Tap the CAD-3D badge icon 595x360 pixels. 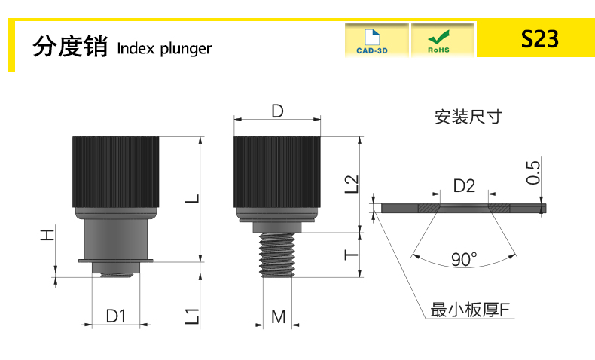point(377,41)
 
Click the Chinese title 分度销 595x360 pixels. point(72,46)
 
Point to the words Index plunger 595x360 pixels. point(165,48)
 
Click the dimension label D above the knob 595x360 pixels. point(277,111)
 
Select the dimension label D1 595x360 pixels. point(115,316)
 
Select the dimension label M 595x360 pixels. point(279,316)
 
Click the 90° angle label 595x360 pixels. point(464,259)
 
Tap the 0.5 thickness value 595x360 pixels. point(533,172)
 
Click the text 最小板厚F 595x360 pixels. point(470,310)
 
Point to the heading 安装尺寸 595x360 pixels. point(467,117)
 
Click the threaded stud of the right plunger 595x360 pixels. point(277,254)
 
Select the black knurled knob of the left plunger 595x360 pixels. point(115,172)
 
